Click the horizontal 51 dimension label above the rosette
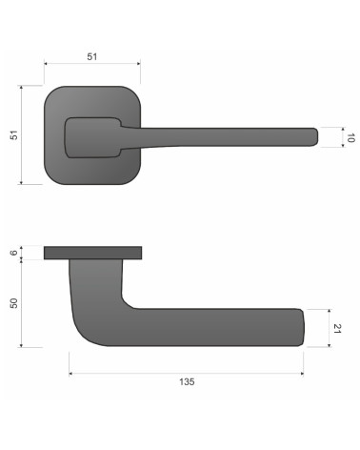91,56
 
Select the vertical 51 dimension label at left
14,134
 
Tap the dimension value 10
350,137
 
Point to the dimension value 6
13,253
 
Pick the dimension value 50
14,303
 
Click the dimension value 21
337,328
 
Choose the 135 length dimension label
187,381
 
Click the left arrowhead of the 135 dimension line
70,374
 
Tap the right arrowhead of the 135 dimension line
302,374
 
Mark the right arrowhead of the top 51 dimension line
139,64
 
